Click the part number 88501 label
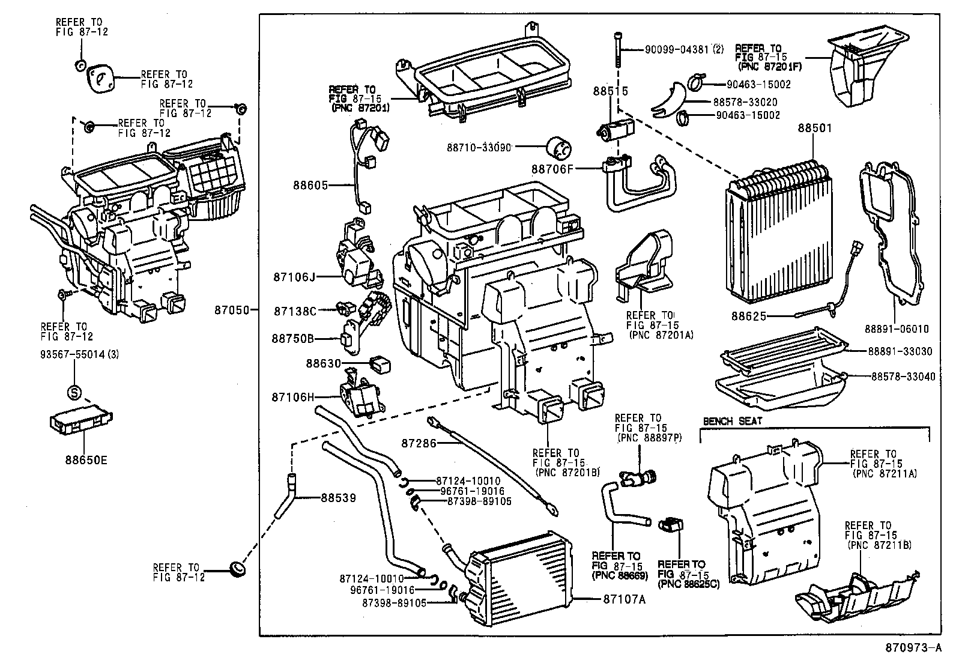point(815,128)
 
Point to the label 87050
point(232,310)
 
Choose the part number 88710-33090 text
point(479,147)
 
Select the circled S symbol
point(74,392)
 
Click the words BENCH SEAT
point(733,421)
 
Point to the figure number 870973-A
point(913,647)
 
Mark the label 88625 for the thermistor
point(749,316)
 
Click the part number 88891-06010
point(897,328)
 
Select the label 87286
point(419,443)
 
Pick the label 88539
point(339,498)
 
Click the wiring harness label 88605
point(310,185)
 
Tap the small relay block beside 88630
point(381,365)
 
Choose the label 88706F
point(552,169)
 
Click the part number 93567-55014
point(73,354)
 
